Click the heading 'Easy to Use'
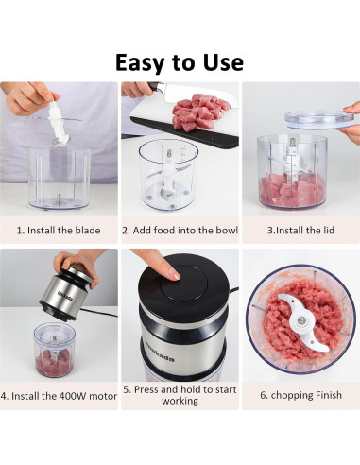pos(180,62)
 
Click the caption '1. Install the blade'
pos(59,230)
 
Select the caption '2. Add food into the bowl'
pos(180,230)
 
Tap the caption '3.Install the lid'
pos(300,230)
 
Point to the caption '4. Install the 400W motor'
pos(59,395)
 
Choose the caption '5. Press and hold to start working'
pos(180,395)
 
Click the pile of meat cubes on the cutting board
pos(196,112)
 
